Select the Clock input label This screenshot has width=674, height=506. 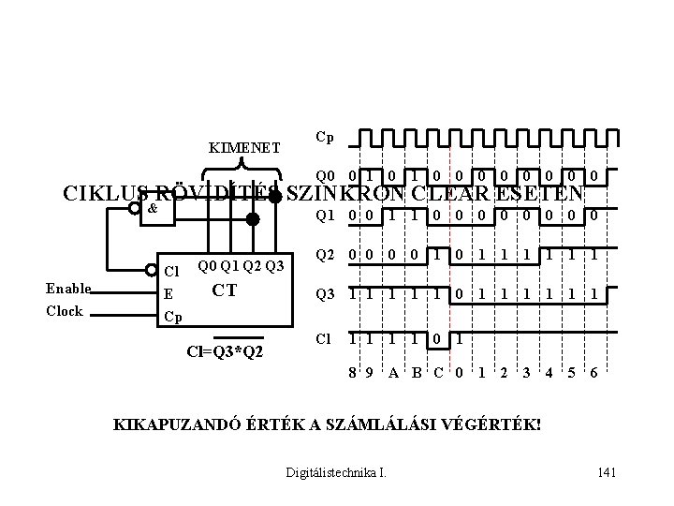pos(65,311)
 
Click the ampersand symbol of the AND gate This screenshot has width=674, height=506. pos(153,208)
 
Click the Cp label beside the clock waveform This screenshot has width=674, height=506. pos(325,137)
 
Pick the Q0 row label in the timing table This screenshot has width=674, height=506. pos(325,175)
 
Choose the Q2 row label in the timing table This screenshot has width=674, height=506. pos(326,255)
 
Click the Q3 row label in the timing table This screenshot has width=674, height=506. pos(326,294)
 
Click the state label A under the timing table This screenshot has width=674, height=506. pos(394,372)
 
